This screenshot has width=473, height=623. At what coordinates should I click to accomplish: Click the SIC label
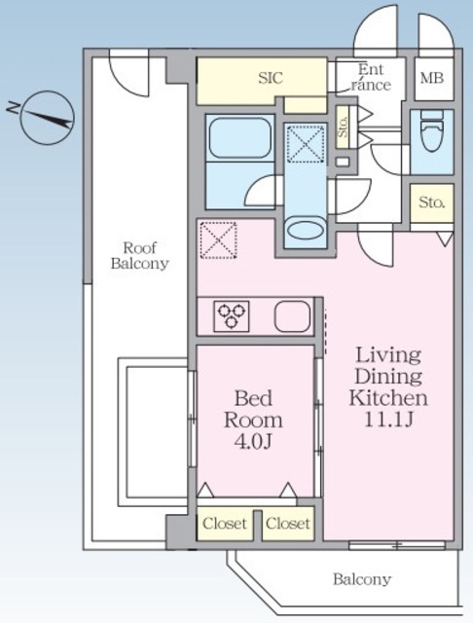click(x=271, y=78)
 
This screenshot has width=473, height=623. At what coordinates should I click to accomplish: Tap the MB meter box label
click(x=432, y=78)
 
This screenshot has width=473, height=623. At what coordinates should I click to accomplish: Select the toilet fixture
click(x=432, y=131)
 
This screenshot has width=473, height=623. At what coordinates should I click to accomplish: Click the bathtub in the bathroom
click(x=240, y=137)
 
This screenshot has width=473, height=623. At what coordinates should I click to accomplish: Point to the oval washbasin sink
click(x=306, y=231)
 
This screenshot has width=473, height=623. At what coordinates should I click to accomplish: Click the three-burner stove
click(x=232, y=316)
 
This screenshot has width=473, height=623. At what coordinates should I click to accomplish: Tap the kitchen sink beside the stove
click(x=292, y=316)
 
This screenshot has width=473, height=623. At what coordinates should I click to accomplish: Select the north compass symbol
click(x=47, y=118)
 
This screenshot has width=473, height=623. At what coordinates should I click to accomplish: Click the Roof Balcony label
click(x=140, y=255)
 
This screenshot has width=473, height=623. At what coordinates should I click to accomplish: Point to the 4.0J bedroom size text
click(x=253, y=441)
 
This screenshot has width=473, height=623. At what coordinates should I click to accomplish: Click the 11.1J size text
click(x=388, y=420)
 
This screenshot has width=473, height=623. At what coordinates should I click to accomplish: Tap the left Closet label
click(x=225, y=524)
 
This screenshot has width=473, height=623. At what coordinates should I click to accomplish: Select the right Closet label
click(x=288, y=524)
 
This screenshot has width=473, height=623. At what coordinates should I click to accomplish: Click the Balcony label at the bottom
click(x=362, y=579)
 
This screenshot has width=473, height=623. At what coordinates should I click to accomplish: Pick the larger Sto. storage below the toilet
click(x=432, y=203)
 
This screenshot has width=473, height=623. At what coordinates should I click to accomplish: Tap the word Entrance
click(x=371, y=78)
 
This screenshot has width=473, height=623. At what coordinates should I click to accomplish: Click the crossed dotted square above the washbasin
click(x=307, y=143)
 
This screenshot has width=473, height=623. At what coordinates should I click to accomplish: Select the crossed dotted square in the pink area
click(x=219, y=240)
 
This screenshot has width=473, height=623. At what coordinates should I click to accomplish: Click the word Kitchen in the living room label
click(x=388, y=398)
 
